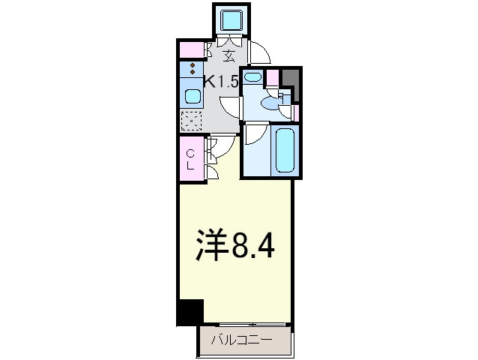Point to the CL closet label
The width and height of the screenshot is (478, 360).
pyautogui.click(x=190, y=159)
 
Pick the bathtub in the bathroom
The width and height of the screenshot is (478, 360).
pyautogui.click(x=285, y=151)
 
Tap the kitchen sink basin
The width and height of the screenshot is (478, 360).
pyautogui.click(x=193, y=96)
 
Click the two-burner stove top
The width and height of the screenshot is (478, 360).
pyautogui.click(x=193, y=70)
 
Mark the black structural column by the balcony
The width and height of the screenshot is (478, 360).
pyautogui.click(x=190, y=312)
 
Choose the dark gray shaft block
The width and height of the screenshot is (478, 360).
pyautogui.click(x=291, y=82)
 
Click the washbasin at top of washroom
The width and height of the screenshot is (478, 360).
pyautogui.click(x=252, y=76)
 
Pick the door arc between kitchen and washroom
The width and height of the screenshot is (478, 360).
pyautogui.click(x=232, y=106)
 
